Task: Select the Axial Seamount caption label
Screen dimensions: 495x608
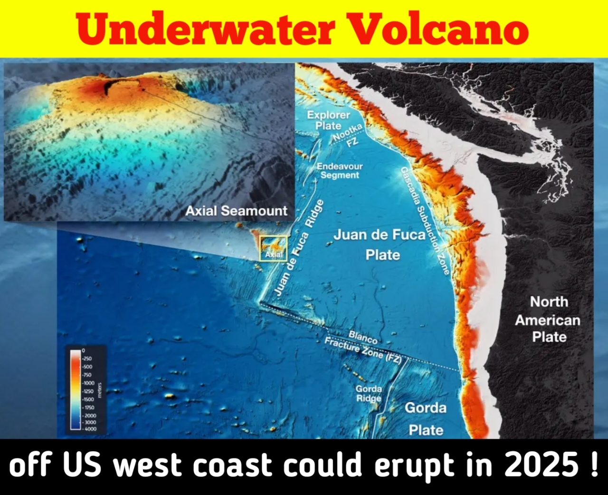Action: coord(236,211)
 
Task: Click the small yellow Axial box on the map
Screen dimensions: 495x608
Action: coord(273,248)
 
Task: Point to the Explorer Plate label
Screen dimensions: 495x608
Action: coord(328,120)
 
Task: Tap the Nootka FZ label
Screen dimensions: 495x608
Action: coord(349,135)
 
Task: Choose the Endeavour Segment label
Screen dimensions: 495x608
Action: coord(339,171)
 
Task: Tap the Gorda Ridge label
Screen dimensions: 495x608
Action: coord(369,394)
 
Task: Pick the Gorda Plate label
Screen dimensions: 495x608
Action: coord(426,419)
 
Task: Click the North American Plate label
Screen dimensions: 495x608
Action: coord(549,320)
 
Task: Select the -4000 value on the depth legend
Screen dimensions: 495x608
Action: coord(90,429)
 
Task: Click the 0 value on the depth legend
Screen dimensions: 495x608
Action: coord(83,350)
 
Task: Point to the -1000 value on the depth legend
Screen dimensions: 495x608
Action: coord(88,383)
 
